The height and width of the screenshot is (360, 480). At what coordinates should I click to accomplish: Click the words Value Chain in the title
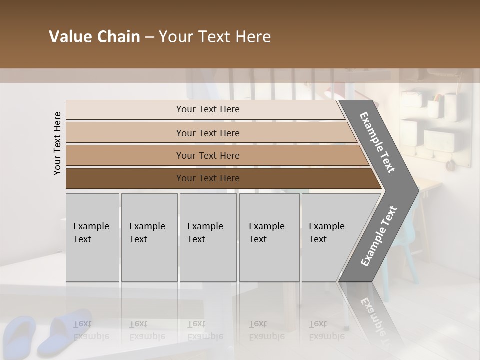pyautogui.click(x=94, y=37)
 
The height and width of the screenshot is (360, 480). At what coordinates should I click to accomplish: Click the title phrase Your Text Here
pyautogui.click(x=215, y=37)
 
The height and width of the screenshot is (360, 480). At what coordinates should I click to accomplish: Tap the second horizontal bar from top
pyautogui.click(x=208, y=133)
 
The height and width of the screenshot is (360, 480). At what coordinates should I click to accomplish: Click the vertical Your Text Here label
pyautogui.click(x=57, y=143)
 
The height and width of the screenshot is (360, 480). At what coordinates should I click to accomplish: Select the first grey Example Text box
pyautogui.click(x=92, y=237)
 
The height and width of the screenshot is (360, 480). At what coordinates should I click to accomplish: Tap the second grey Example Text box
pyautogui.click(x=149, y=237)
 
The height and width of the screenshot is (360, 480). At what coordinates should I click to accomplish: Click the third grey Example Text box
pyautogui.click(x=208, y=237)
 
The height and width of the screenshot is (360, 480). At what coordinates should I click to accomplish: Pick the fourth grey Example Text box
pyautogui.click(x=269, y=237)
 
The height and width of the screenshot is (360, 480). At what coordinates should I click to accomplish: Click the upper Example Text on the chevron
pyautogui.click(x=378, y=142)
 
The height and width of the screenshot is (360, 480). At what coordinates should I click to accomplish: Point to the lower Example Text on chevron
pyautogui.click(x=379, y=236)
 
